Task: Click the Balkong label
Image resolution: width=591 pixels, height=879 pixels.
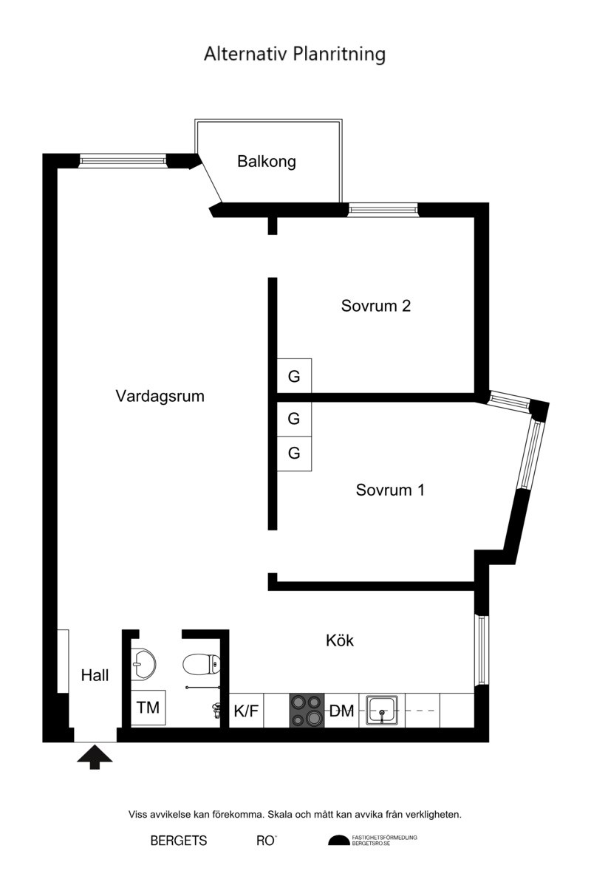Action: click(267, 162)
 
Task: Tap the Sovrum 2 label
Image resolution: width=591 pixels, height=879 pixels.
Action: click(376, 306)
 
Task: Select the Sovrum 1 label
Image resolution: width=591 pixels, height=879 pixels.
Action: click(390, 490)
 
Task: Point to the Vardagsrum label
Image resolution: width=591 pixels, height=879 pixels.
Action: click(160, 397)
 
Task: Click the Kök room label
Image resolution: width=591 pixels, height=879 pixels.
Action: click(340, 640)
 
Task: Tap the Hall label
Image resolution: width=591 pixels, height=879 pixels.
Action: click(95, 675)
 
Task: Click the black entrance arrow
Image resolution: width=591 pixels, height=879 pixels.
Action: click(95, 757)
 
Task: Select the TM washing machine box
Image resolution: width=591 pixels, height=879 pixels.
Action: click(148, 708)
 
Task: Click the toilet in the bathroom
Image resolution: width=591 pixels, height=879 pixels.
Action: click(201, 664)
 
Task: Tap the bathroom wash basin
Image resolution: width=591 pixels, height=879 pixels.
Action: click(143, 664)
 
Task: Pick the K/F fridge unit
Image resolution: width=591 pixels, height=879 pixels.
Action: click(246, 711)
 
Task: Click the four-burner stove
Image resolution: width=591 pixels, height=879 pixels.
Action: click(307, 711)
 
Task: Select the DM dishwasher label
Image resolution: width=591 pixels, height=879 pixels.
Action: click(341, 711)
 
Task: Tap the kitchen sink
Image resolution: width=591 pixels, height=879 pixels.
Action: click(382, 711)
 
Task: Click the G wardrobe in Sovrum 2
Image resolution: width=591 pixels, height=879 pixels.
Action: click(294, 376)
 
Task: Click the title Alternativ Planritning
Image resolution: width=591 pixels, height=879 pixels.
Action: click(295, 55)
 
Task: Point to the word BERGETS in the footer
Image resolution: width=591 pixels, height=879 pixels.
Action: click(179, 841)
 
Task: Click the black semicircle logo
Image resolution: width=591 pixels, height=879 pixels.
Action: click(338, 841)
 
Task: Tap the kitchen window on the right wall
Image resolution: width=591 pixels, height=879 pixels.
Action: click(482, 650)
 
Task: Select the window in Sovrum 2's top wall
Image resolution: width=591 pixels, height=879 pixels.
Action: click(383, 210)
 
